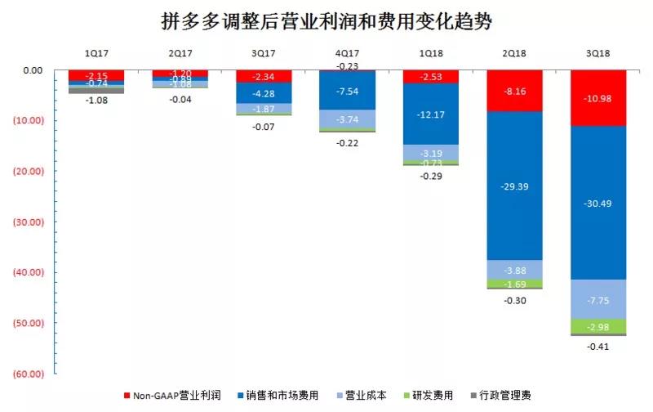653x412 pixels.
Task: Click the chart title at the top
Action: pyautogui.click(x=326, y=20)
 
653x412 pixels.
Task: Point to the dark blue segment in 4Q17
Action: pyautogui.click(x=347, y=90)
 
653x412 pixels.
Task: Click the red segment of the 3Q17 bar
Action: pyautogui.click(x=264, y=76)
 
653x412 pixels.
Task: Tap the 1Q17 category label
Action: pyautogui.click(x=96, y=53)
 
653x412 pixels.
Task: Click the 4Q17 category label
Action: pyautogui.click(x=347, y=53)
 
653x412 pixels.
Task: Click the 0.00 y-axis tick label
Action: pyautogui.click(x=32, y=70)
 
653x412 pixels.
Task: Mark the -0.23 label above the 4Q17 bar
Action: pyautogui.click(x=347, y=66)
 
